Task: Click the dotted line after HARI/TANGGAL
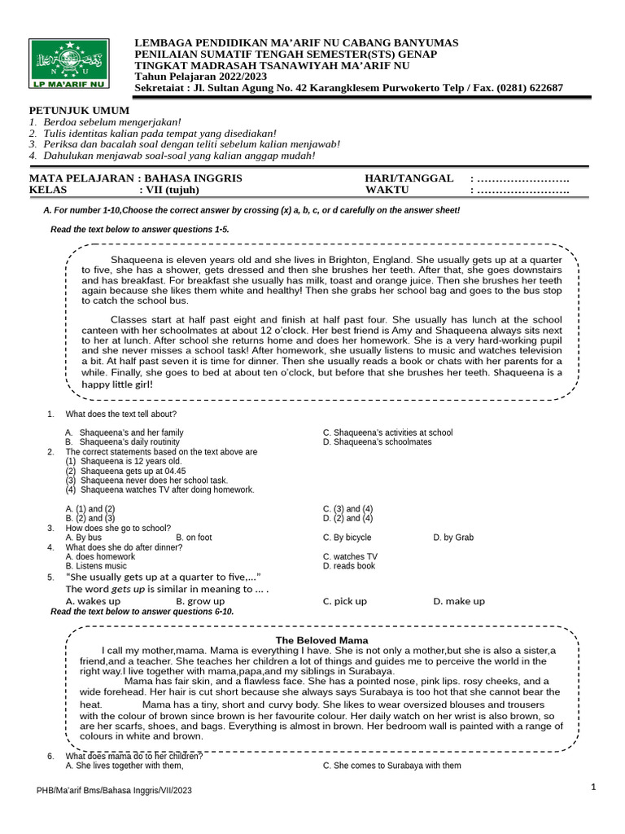coord(522,178)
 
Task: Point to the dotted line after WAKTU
coord(522,191)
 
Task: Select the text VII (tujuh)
coord(177,191)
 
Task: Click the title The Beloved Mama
coord(321,640)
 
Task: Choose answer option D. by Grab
coord(453,538)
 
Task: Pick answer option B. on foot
coord(194,538)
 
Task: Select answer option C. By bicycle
coord(347,538)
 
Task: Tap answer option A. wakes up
coord(93,601)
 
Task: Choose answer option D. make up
coord(459,601)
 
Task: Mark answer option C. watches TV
coord(350,556)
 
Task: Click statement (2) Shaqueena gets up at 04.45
coord(125,471)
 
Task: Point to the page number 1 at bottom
coord(594,787)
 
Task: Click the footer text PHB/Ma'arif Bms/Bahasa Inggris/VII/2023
coord(115,790)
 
